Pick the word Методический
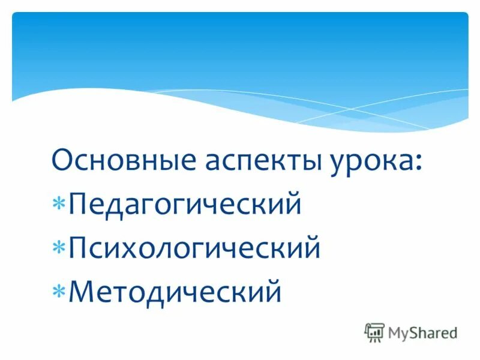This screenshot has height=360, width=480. [175, 291]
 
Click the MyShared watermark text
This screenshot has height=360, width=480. [422, 332]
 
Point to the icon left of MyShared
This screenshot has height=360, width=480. [374, 332]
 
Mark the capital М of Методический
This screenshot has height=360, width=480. [83, 291]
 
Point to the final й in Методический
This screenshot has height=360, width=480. [274, 291]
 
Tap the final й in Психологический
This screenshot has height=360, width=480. [312, 247]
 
